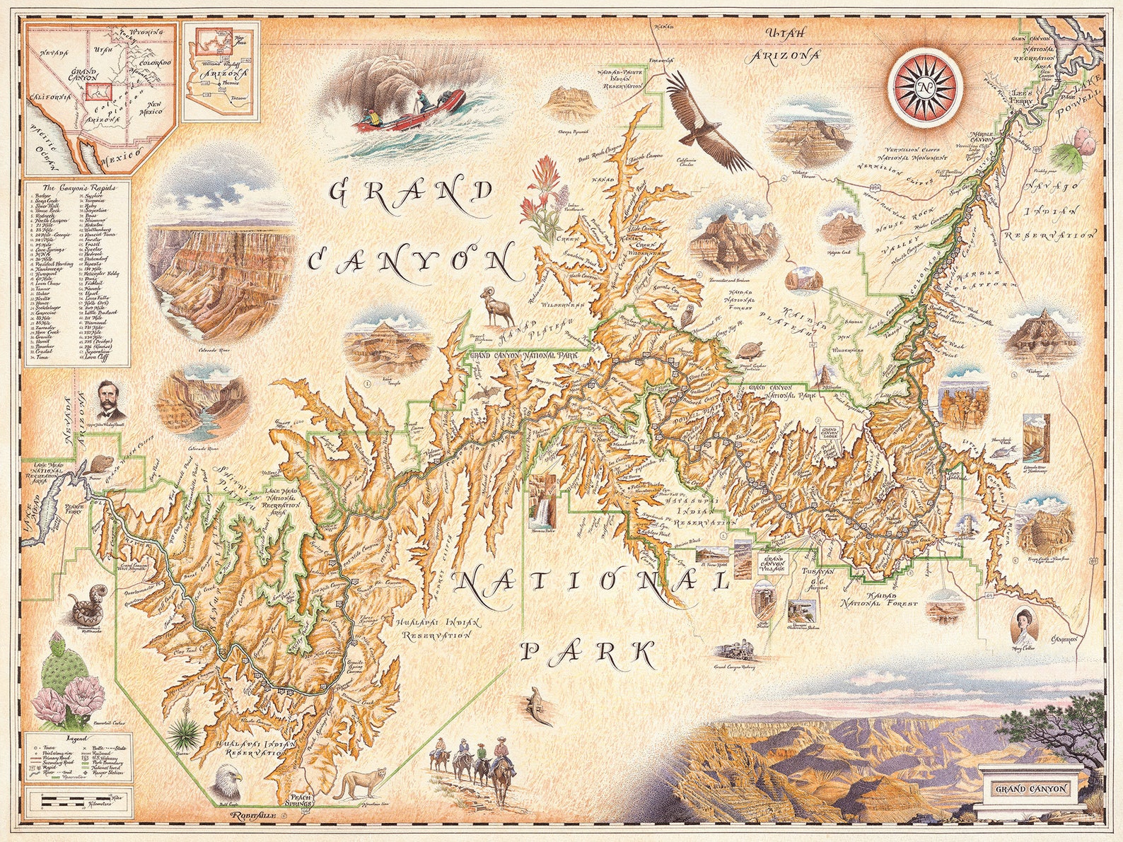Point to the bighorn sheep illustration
pos(497,306)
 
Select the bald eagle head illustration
pos(228,783)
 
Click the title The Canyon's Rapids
pos(77,188)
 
